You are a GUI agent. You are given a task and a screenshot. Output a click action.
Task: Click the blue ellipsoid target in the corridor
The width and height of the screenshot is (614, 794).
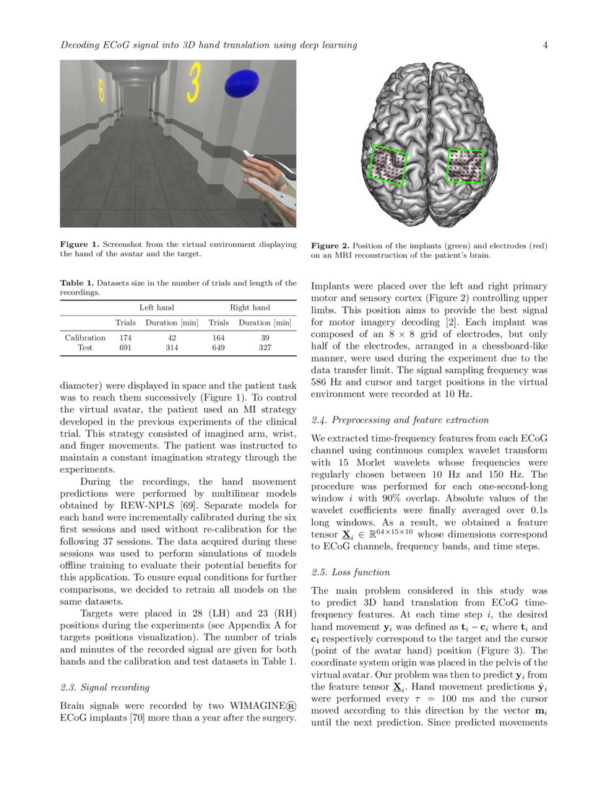click(x=242, y=84)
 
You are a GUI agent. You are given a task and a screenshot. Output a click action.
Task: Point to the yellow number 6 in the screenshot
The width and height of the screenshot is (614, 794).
click(x=101, y=90)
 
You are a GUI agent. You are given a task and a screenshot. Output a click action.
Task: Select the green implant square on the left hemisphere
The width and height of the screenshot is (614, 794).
click(x=389, y=165)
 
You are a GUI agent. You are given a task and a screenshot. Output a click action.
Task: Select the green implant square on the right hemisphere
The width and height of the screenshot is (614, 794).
click(x=464, y=165)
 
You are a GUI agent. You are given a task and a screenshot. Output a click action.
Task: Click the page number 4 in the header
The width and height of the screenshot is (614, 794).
click(x=545, y=45)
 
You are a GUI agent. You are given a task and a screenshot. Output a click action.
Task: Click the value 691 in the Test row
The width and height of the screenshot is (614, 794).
click(x=125, y=347)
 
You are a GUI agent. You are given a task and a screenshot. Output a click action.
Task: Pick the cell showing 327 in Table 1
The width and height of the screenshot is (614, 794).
click(x=264, y=347)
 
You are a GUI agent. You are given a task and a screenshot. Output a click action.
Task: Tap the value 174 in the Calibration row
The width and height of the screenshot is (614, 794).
click(x=125, y=337)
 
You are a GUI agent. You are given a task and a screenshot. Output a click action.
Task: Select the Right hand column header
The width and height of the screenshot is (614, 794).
click(x=249, y=307)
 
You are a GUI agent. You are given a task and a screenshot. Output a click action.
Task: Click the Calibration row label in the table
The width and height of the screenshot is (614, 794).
click(x=85, y=337)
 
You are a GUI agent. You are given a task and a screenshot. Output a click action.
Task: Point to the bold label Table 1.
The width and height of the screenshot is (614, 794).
click(x=75, y=283)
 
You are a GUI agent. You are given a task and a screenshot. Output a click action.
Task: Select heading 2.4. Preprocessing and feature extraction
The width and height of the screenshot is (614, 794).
click(x=399, y=419)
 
